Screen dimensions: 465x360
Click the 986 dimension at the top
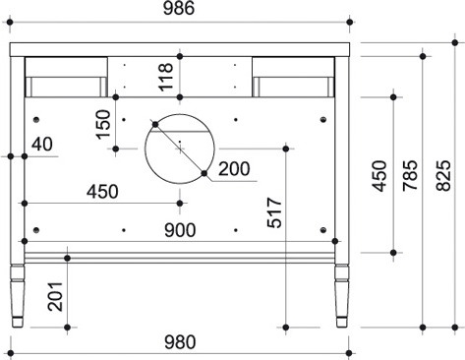coord(179,8)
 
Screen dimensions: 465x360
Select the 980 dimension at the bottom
coord(180,342)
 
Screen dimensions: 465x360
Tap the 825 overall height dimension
coord(444,175)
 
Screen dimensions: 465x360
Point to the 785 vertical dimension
coord(410,175)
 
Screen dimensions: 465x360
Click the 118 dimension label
coord(166,77)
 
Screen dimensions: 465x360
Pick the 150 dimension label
coord(103,124)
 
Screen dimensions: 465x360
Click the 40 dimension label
coord(42,145)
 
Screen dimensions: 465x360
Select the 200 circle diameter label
coord(234,169)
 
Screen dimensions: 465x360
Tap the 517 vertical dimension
coord(274,212)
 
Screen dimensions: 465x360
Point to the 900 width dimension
coord(180,230)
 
